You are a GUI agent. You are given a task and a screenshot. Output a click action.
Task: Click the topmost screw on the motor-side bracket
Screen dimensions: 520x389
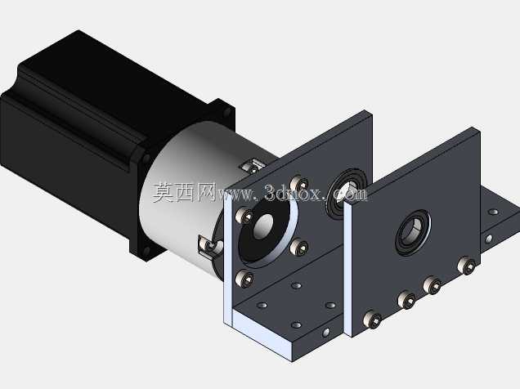299,183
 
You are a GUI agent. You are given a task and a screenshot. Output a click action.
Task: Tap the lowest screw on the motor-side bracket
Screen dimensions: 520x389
244,279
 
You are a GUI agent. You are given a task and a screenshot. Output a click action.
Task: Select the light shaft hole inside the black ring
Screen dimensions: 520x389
263,226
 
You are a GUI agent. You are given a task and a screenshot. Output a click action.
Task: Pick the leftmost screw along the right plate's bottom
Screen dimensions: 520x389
372,319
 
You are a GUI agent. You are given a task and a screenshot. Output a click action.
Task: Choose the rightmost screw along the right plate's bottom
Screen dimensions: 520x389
467,266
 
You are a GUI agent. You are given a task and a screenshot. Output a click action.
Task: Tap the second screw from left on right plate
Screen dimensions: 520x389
407,300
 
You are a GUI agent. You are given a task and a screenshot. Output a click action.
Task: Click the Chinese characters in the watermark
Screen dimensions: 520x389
185,193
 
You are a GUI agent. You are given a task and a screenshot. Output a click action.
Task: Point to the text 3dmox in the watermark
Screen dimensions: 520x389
293,193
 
